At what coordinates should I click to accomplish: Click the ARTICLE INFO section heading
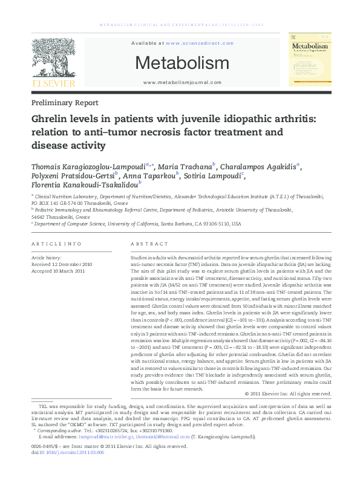56,244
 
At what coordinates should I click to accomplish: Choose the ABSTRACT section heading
149,244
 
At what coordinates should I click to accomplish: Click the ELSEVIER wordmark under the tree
54,83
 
